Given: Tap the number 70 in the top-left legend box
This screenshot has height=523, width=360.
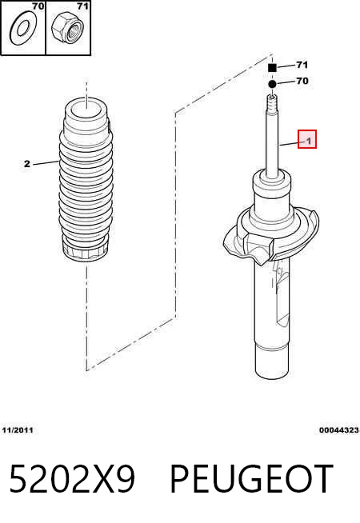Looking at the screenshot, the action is tap(38, 6).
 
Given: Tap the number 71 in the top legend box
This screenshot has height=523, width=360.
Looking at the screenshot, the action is tap(82, 6).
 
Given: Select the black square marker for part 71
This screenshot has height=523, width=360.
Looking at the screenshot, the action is tap(272, 68).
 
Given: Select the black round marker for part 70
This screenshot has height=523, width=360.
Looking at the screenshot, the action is tap(272, 84).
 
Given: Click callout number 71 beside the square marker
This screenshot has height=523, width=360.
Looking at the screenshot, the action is tap(302, 65).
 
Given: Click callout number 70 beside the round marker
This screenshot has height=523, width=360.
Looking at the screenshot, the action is tap(302, 81).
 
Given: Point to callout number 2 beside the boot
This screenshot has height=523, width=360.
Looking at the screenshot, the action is tap(27, 164).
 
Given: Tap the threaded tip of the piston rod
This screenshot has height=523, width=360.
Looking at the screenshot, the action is tap(272, 103).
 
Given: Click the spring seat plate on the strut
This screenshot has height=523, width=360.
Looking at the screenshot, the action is tap(271, 235).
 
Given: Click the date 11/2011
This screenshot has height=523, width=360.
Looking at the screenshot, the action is tap(18, 430).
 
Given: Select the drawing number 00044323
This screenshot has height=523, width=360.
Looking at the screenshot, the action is tap(339, 430).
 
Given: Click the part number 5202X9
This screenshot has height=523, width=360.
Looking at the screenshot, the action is tap(73, 479).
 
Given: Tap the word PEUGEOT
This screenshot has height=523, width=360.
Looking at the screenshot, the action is tap(252, 479).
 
